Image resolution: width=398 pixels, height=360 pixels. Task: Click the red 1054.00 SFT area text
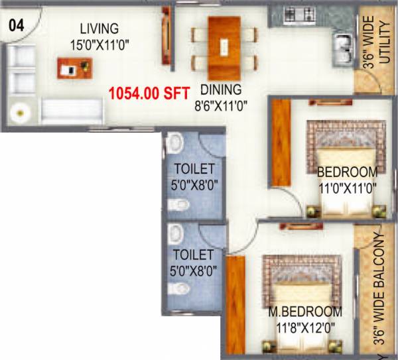click(x=150, y=93)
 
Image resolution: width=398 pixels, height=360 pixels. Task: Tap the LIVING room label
click(x=99, y=29)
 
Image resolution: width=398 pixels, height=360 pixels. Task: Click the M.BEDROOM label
click(x=305, y=312)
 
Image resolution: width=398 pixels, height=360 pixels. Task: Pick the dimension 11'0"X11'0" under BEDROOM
click(x=347, y=188)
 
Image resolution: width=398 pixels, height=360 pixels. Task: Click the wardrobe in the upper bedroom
click(x=282, y=143)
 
